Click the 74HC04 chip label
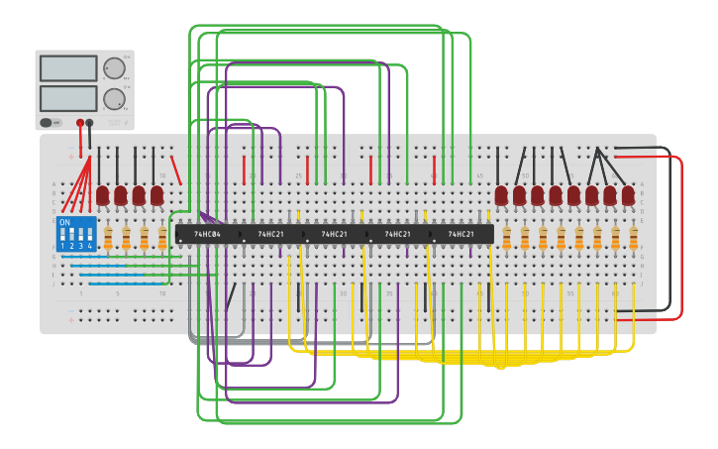point(207,235)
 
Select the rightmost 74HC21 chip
point(461,235)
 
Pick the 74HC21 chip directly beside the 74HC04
point(270,235)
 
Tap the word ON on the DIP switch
point(65,223)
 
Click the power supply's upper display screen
point(68,68)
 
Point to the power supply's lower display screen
point(68,98)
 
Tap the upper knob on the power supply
point(114,68)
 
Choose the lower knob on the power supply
point(114,98)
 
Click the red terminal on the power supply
point(78,123)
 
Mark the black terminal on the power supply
point(90,123)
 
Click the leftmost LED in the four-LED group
point(102,195)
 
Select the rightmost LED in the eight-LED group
point(628,195)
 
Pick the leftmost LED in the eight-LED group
point(501,195)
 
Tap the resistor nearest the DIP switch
point(108,238)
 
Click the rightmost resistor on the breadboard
point(633,238)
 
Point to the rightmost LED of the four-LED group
point(156,195)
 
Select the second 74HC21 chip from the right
point(397,235)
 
